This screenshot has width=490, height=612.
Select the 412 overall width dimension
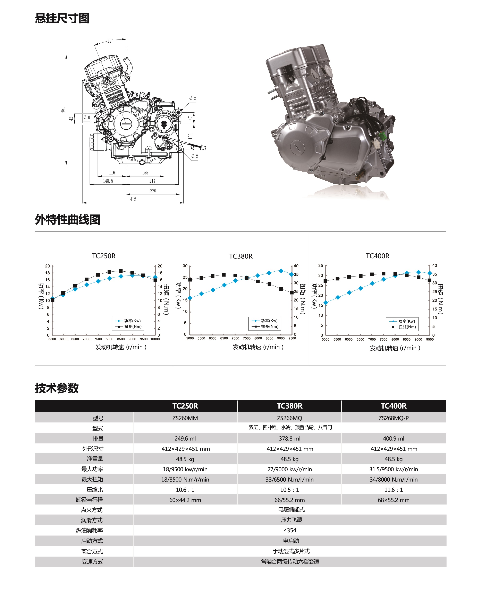[133, 199]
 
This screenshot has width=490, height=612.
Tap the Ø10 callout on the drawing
[87, 117]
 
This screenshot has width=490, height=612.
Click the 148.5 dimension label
[108, 181]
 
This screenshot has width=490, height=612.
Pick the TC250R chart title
[104, 256]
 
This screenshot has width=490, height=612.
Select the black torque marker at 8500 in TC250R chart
[121, 271]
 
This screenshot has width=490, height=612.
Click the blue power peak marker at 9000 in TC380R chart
[281, 271]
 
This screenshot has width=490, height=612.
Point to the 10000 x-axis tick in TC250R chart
[155, 339]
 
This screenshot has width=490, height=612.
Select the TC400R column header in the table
[394, 406]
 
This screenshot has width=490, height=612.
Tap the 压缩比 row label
[95, 489]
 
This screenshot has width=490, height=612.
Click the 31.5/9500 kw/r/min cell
[394, 469]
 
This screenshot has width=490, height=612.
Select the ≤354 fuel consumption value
[289, 530]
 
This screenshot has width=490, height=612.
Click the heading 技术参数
[57, 388]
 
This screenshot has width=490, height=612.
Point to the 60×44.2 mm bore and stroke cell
[185, 500]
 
